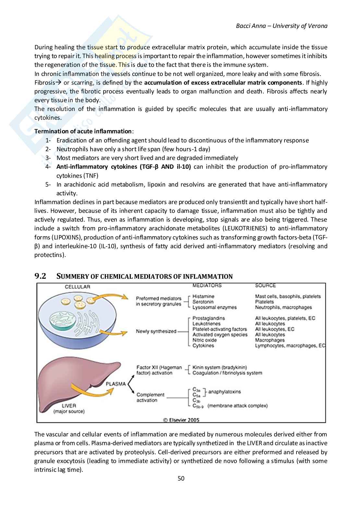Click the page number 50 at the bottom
(x=181, y=479)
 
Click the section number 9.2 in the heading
(x=40, y=276)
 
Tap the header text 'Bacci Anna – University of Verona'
(x=282, y=26)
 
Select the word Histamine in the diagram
(x=203, y=296)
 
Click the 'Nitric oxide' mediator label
(x=204, y=340)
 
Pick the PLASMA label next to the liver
(x=116, y=384)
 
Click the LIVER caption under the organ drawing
(x=69, y=406)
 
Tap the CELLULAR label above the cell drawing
(x=77, y=287)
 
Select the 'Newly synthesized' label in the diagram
(x=156, y=331)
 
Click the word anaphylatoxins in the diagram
(x=224, y=392)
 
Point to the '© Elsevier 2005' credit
(x=181, y=420)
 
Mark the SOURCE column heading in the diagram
(x=265, y=286)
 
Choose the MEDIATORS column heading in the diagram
(x=207, y=286)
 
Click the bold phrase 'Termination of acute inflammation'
(x=83, y=131)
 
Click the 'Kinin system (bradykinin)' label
(x=220, y=367)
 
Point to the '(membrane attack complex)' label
(x=238, y=406)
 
